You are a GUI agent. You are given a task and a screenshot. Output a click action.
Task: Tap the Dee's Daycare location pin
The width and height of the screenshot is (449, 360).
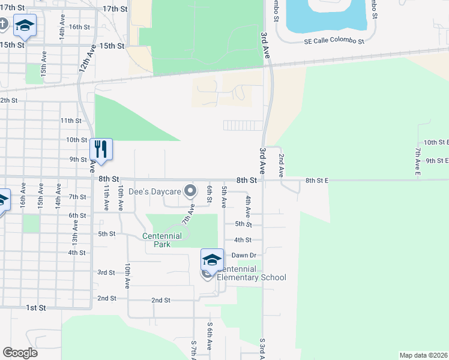pyautogui.click(x=191, y=191)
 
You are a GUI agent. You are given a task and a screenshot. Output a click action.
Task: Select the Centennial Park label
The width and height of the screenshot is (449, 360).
pyautogui.click(x=162, y=240)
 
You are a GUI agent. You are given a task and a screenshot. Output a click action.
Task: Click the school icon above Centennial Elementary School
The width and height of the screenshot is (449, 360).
pyautogui.click(x=212, y=260)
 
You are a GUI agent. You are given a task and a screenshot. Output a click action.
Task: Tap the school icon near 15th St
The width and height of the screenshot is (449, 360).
pyautogui.click(x=25, y=26)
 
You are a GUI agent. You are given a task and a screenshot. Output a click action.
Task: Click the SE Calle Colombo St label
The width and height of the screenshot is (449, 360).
pyautogui.click(x=334, y=41)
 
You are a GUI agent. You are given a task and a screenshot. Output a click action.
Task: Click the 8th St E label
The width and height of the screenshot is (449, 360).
pyautogui.click(x=318, y=180)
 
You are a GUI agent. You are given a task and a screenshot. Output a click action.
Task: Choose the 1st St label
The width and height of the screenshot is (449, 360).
pyautogui.click(x=35, y=308)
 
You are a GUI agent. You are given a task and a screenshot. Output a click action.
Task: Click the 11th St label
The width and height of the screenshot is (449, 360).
pyautogui.click(x=70, y=121)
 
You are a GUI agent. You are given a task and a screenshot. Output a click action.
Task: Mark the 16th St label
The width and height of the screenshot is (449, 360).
pyautogui.click(x=79, y=27)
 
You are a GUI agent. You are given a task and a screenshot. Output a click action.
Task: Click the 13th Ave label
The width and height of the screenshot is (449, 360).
pyautogui.click(x=76, y=230)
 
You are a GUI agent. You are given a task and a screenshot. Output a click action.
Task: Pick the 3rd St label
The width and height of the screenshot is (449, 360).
pyautogui.click(x=106, y=272)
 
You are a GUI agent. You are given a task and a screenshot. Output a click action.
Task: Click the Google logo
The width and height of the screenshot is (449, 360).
pyautogui.click(x=20, y=353)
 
